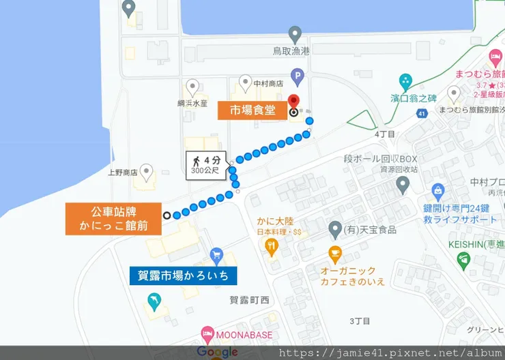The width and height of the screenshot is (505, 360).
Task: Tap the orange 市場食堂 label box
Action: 252,110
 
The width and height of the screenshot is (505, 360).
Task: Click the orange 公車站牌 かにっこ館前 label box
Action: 113,218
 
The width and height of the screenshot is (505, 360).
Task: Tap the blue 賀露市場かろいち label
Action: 183,275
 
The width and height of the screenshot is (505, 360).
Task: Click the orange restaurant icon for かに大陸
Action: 272,247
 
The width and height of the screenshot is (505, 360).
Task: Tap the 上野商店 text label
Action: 123,172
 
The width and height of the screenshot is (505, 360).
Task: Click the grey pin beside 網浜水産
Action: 193,87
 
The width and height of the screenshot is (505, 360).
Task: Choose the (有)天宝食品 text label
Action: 371,230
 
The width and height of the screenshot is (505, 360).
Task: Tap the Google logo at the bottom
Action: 217,352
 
